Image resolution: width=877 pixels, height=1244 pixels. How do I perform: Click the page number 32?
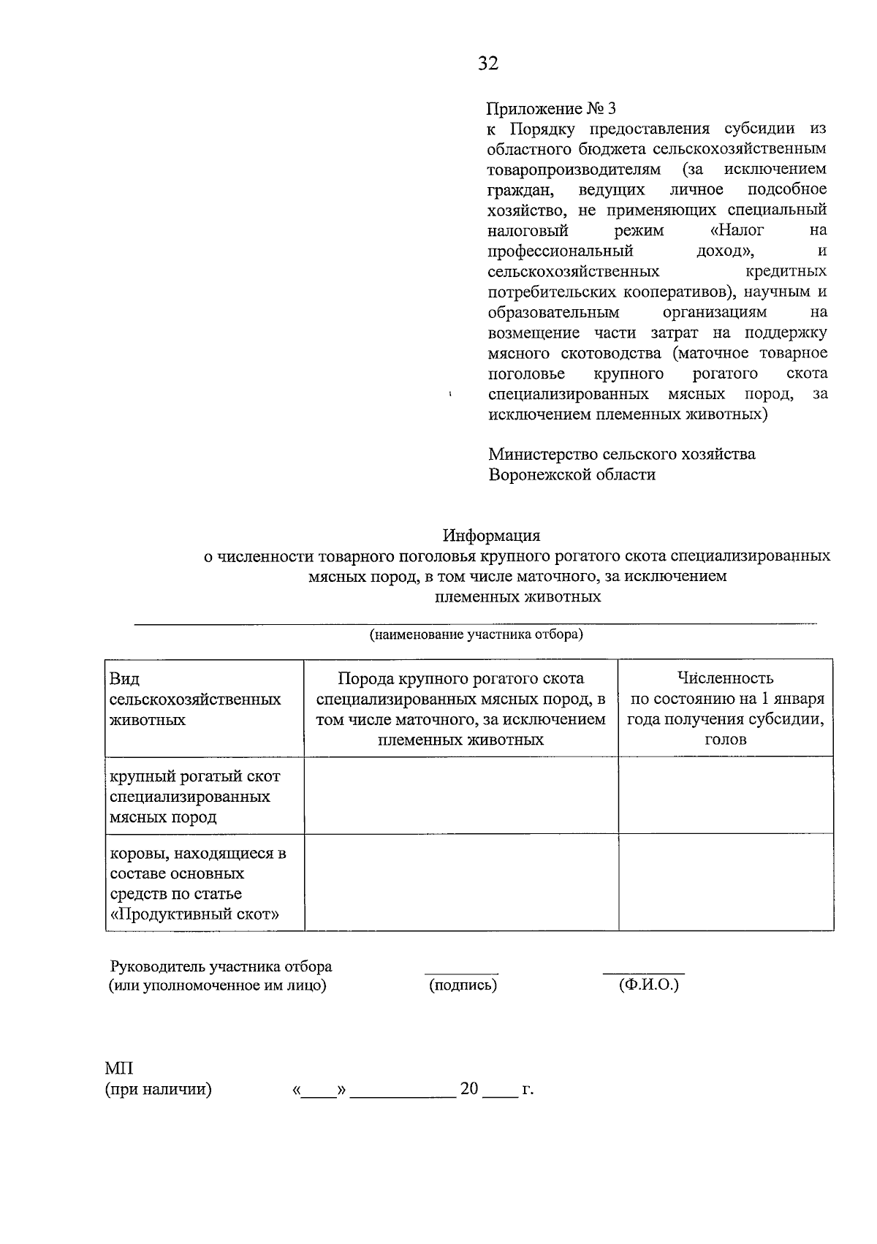tap(488, 64)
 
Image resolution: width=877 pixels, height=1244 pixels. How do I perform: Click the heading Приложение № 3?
tap(552, 108)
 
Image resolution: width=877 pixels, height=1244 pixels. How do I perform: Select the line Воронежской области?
tap(572, 474)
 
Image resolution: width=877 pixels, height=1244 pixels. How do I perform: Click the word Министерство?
tap(542, 454)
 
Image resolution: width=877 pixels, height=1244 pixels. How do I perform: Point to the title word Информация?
tap(490, 535)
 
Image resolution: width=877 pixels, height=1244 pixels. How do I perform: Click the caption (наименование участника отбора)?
tap(476, 634)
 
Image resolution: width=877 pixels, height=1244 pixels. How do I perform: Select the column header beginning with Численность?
tap(725, 708)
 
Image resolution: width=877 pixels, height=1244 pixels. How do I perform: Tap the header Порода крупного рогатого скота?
tap(460, 679)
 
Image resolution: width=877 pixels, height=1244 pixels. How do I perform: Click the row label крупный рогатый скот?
tap(194, 776)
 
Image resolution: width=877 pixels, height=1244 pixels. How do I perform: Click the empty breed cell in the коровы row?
tap(460, 882)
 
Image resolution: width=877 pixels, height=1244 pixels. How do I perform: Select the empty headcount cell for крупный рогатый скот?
tap(725, 795)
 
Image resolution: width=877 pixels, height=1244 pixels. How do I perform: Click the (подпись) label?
tap(463, 985)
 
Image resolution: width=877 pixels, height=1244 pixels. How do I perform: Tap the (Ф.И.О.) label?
tap(648, 985)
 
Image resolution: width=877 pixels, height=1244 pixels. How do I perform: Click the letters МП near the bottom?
tap(119, 1069)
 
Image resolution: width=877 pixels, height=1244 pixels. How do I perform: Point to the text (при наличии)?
tap(158, 1090)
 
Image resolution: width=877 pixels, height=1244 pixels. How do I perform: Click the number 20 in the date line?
tap(469, 1089)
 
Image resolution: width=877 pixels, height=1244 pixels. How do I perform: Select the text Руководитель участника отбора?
tap(221, 966)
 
